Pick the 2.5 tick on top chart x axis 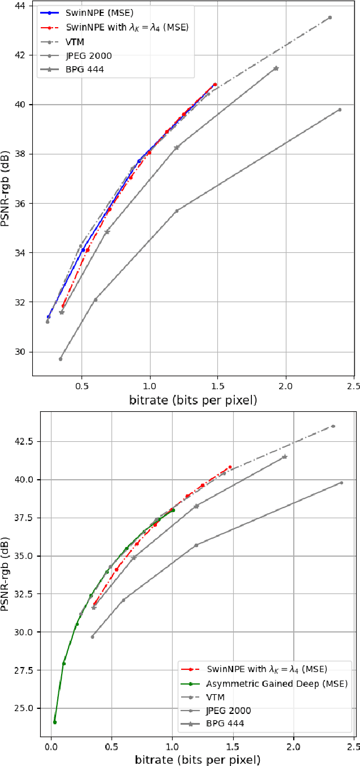[354, 386]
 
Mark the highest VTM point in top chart [330, 18]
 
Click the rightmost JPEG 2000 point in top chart [340, 110]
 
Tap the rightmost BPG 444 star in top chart [276, 68]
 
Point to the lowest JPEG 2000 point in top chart [61, 359]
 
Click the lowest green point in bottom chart [55, 722]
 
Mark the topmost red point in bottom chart [230, 467]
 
